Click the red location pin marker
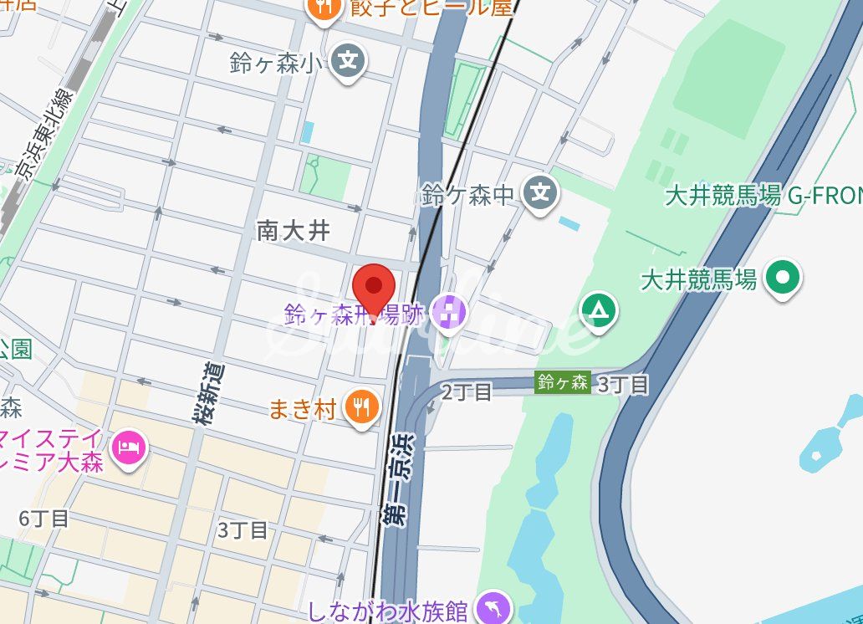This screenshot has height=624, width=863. pos(374,289)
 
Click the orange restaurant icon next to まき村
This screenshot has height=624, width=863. pos(361,407)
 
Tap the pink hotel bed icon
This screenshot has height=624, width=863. pos(129,447)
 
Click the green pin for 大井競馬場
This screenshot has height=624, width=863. pos(784,277)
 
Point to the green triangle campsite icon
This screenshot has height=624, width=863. pos(599,311)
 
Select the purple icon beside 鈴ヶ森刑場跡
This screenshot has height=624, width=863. pos(450,313)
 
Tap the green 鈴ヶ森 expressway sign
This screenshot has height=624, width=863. pos(563,383)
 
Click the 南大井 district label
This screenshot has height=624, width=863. pos(294,230)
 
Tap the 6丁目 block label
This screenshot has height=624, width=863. pos(44,519)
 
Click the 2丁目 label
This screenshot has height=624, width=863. pos(467,391)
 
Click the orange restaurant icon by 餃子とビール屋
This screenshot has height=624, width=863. pos(321,8)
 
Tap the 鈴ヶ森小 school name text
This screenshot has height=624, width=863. pos(276,63)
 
